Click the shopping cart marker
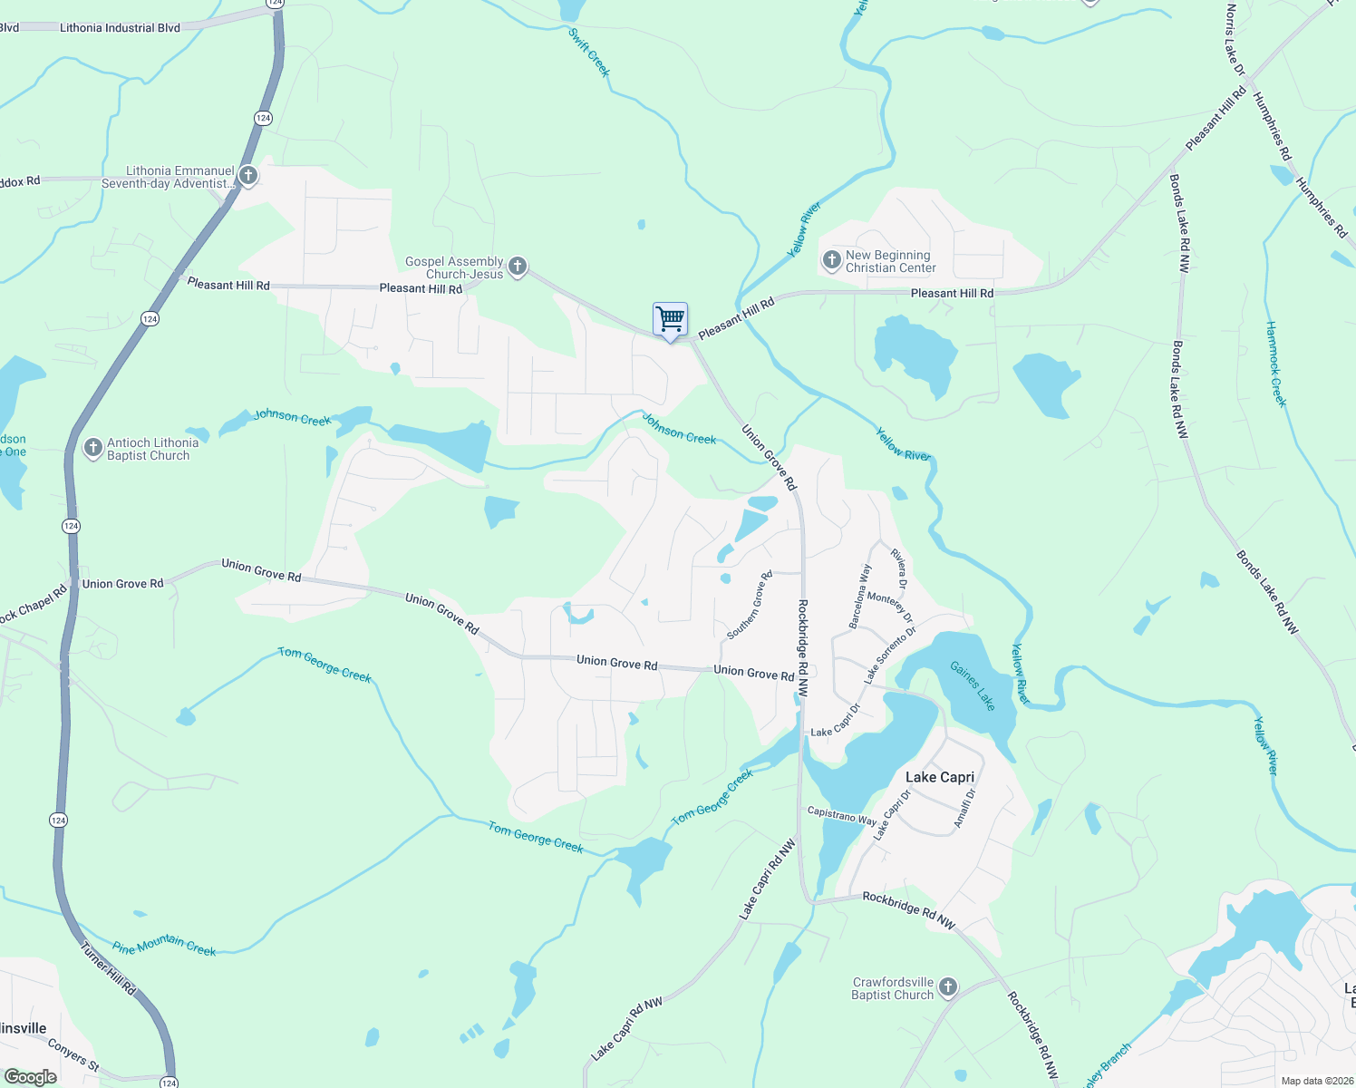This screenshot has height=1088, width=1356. pyautogui.click(x=671, y=320)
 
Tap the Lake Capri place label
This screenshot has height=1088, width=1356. pyautogui.click(x=940, y=777)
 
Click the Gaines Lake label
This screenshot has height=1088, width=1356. pyautogui.click(x=972, y=685)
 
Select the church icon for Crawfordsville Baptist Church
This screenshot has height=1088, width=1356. pyautogui.click(x=948, y=987)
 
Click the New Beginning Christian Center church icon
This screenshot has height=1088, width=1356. pyautogui.click(x=831, y=261)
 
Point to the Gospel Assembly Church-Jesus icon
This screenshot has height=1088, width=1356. pyautogui.click(x=518, y=267)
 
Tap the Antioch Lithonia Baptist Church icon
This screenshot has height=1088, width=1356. pyautogui.click(x=92, y=448)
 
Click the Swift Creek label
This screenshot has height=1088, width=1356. pyautogui.click(x=589, y=53)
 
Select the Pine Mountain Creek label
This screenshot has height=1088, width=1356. pyautogui.click(x=164, y=946)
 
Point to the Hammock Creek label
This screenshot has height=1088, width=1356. pyautogui.click(x=1276, y=364)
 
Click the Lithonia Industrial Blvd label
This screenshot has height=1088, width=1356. pyautogui.click(x=120, y=28)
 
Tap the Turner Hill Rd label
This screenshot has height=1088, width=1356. pyautogui.click(x=109, y=969)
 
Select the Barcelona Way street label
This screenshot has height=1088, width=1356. pyautogui.click(x=860, y=596)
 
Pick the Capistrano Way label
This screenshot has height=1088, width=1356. pyautogui.click(x=841, y=816)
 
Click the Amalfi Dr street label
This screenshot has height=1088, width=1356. pyautogui.click(x=964, y=808)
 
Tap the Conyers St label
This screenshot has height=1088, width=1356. pyautogui.click(x=73, y=1055)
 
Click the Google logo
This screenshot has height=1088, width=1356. pyautogui.click(x=31, y=1076)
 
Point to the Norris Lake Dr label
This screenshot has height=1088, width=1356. pyautogui.click(x=1235, y=40)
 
